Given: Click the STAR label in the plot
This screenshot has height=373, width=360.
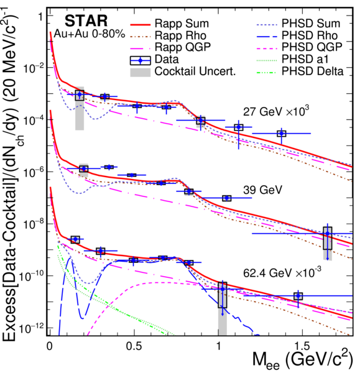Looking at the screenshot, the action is [86, 21].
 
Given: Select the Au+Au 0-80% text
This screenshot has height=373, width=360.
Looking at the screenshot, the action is [90, 34].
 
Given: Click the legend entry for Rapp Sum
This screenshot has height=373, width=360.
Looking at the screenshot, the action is [169, 24].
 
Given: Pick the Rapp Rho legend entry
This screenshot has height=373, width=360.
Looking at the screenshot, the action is [168, 35].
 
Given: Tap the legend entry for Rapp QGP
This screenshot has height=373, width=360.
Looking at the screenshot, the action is [170, 47].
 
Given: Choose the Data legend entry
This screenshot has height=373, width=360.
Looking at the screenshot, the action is [154, 59].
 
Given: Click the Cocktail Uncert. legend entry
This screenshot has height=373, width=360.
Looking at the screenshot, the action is [183, 71].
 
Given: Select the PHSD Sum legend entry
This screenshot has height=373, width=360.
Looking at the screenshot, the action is [298, 24].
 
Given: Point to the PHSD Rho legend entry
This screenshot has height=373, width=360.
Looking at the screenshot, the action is [297, 35].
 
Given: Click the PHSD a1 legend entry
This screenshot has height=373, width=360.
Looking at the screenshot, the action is [292, 58].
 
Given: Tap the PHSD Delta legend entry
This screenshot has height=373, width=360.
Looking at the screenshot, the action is [300, 71].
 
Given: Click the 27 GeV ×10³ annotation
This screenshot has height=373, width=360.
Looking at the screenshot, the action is [276, 111].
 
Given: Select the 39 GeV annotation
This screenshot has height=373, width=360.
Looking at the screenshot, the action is [262, 190].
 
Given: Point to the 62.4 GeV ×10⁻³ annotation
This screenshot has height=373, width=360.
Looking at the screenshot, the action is [282, 272].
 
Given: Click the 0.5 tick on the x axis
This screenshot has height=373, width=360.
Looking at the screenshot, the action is [134, 346].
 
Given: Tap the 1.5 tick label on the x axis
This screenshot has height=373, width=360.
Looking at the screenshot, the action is [302, 346].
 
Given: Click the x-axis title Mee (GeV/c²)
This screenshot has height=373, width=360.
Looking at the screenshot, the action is [302, 361].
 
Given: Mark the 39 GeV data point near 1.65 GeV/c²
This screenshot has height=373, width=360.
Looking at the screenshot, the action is [328, 234].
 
